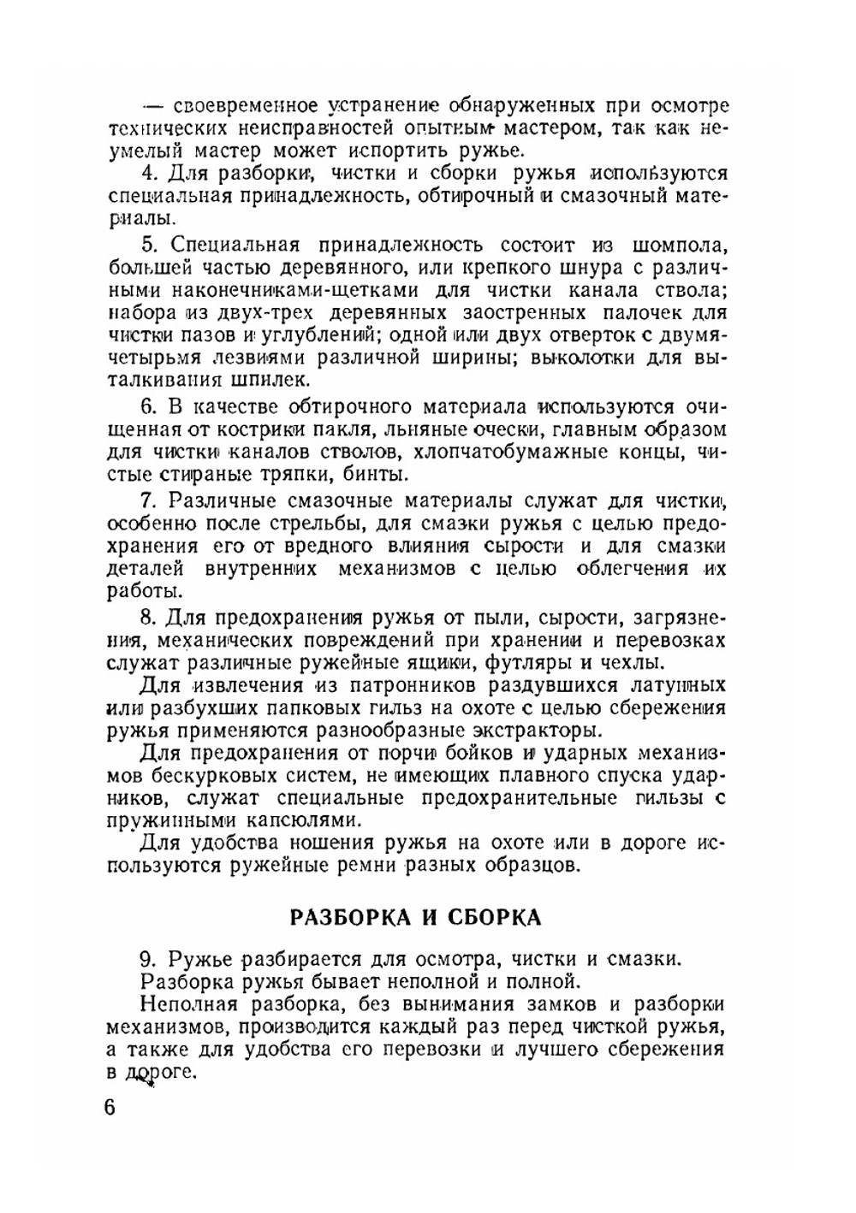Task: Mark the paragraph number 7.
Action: [147, 500]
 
